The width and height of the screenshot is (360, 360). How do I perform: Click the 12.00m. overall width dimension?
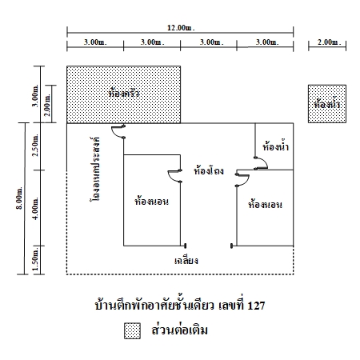[x=181, y=28]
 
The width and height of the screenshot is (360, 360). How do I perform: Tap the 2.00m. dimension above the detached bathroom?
[x=329, y=42]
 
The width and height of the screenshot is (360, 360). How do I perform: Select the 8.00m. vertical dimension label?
[x=19, y=198]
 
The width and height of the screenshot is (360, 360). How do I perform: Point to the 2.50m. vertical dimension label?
[x=35, y=145]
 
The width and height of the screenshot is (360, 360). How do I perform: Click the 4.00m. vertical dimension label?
[x=35, y=208]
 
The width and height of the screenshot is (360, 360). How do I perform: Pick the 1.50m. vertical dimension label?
[x=35, y=259]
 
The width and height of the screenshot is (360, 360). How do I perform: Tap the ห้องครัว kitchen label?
[x=124, y=93]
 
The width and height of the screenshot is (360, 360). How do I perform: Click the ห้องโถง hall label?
[x=209, y=170]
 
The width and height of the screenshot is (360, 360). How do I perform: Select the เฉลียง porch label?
[x=186, y=260]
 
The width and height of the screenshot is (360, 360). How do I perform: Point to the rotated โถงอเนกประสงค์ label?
[x=95, y=170]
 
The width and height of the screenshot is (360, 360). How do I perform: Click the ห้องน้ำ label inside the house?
[x=275, y=146]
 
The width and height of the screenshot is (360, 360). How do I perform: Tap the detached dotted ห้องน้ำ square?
[x=327, y=104]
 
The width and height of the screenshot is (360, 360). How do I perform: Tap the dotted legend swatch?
[x=132, y=330]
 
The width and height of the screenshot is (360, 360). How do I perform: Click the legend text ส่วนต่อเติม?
[x=179, y=330]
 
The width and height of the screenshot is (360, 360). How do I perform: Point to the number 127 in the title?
[x=256, y=306]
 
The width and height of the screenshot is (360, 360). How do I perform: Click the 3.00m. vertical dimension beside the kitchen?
[x=35, y=95]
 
